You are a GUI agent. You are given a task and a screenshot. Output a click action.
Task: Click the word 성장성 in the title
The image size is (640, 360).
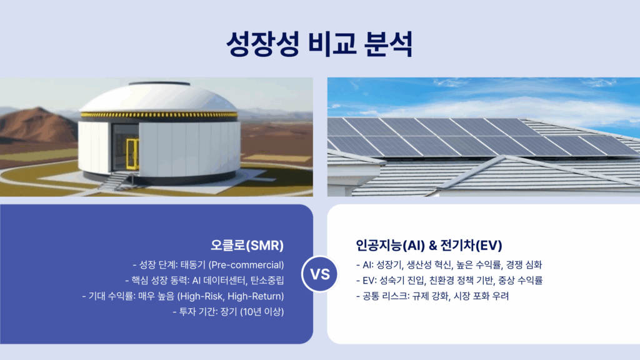pos(263,44)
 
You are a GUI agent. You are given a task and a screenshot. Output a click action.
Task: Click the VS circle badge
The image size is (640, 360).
pos(320,274)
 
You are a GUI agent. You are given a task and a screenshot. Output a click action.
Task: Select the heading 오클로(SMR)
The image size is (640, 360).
pos(247,245)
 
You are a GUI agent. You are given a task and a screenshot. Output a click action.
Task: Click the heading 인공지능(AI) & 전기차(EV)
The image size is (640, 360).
pos(429,245)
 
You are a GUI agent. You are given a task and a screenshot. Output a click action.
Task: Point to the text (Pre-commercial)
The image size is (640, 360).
pos(246,265)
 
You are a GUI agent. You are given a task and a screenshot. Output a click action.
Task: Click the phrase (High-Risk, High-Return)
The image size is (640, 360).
pos(231,296)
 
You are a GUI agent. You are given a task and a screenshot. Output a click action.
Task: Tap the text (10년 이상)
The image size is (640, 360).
pos(262,312)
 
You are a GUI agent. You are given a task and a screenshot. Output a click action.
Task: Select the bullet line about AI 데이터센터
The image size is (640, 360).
pos(204,281)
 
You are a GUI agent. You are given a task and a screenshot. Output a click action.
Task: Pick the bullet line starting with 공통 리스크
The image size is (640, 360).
pos(432,296)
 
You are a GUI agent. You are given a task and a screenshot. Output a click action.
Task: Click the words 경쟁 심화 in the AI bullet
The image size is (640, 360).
pos(524,265)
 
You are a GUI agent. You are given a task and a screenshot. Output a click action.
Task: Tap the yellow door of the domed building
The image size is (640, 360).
pos(132,154)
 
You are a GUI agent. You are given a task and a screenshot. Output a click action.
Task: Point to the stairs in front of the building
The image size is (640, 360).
pos(116,181)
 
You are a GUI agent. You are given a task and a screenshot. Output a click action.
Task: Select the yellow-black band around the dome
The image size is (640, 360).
pos(159,116)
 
